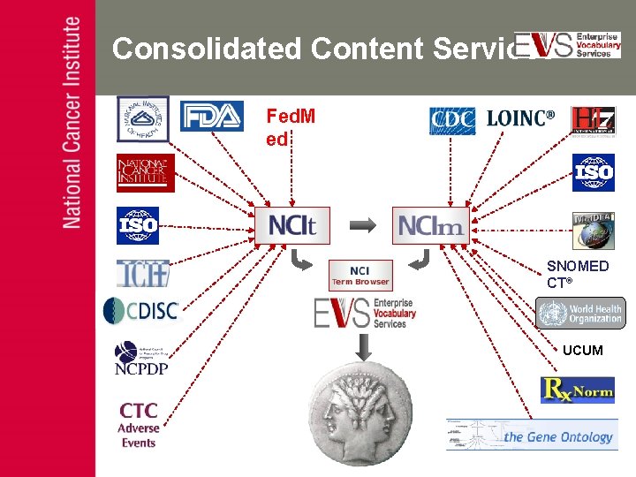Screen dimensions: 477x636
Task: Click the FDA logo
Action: [x=212, y=117]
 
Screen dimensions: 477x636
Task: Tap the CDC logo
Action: [x=452, y=121]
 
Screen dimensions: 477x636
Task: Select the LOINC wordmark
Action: [x=521, y=118]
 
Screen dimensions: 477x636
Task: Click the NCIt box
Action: [x=291, y=225]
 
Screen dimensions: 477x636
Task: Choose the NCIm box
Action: [x=430, y=226]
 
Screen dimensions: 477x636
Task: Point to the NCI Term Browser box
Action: [x=360, y=275]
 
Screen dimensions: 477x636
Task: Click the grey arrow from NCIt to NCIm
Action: [x=362, y=226]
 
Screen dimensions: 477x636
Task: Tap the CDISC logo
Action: [x=140, y=311]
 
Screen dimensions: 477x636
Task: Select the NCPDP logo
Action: [x=140, y=358]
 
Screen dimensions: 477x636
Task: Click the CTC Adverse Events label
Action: [x=139, y=425]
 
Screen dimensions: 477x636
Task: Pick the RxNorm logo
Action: [x=577, y=390]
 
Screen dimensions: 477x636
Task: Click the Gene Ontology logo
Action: [x=533, y=435]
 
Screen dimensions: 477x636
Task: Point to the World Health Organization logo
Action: [x=579, y=313]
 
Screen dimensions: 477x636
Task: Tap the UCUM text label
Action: [x=582, y=351]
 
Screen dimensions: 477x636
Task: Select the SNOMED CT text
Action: [x=578, y=274]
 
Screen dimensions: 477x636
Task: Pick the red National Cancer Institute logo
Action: [x=146, y=172]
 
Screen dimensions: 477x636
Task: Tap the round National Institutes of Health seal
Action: [x=143, y=118]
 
